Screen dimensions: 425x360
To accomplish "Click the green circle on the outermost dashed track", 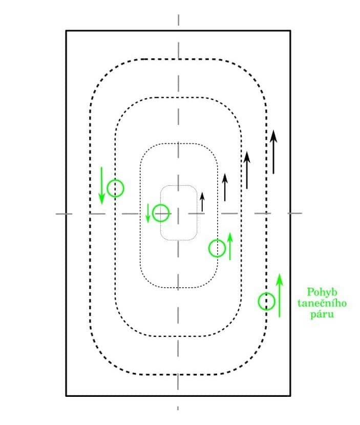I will click(266, 301).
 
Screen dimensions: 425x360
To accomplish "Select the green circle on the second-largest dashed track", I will click(116, 188).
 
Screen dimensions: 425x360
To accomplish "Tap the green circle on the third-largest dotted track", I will click(217, 248).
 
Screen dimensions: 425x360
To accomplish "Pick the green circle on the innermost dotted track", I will click(161, 212).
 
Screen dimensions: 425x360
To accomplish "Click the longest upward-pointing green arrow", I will click(279, 295).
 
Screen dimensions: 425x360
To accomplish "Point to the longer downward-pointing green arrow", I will click(101, 185).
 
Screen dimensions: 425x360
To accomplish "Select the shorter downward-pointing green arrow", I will click(148, 213).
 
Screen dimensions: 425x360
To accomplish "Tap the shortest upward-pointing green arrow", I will click(230, 246).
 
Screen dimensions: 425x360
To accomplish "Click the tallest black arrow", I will click(273, 152).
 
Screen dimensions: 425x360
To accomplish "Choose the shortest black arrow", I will click(202, 202).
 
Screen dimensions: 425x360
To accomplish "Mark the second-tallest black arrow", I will click(247, 171).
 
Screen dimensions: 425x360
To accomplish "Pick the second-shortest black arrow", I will click(224, 187).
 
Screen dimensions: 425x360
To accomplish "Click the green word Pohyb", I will click(320, 292).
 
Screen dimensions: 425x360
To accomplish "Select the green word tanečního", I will click(322, 303).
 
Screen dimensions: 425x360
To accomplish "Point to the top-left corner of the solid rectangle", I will click(66, 31).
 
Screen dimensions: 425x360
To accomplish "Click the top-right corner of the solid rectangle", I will click(290, 31).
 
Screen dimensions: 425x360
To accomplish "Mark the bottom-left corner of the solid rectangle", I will click(66, 395).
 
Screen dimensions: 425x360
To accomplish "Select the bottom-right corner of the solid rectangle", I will click(290, 395).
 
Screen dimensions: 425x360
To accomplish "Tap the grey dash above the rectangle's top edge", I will click(178, 19).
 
